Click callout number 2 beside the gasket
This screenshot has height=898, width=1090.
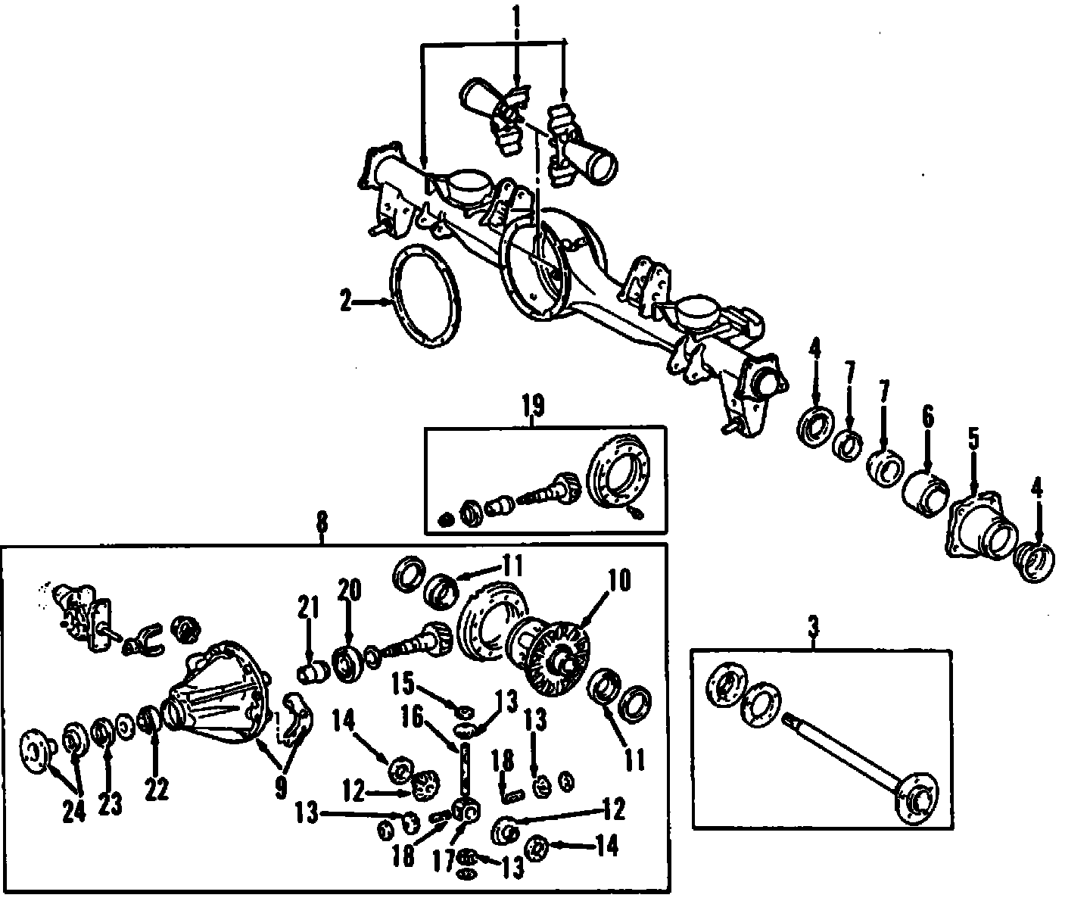point(346,302)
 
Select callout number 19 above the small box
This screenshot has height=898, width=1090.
point(532,407)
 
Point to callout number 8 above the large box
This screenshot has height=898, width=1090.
point(322,522)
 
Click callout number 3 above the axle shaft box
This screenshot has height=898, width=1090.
point(814,627)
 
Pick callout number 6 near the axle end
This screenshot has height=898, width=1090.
point(927,416)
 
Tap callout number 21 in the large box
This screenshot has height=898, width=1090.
point(308,609)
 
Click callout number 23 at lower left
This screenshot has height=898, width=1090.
point(110,804)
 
